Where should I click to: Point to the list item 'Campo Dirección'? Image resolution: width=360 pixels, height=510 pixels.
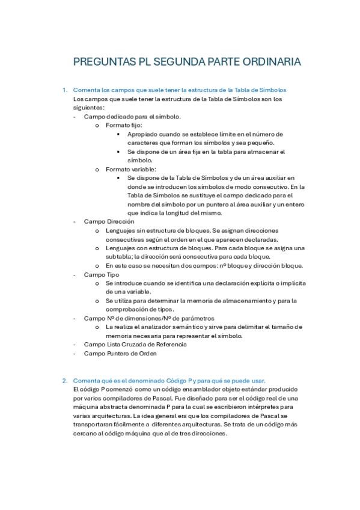point(109,221)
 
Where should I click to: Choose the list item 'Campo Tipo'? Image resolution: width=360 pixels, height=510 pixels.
point(101,274)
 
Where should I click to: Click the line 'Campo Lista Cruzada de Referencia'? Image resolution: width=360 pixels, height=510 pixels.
point(135,345)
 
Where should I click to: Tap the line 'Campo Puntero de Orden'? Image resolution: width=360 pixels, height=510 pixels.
point(120,354)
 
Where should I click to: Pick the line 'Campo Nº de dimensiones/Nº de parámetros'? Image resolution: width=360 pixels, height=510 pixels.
point(148,318)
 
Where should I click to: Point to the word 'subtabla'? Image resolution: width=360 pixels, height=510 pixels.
point(118,257)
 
